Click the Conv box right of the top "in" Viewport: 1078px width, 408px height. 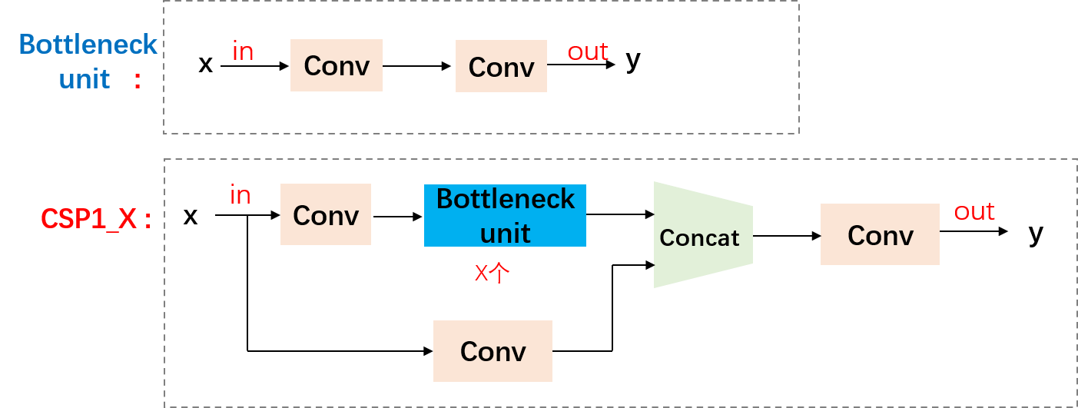336,66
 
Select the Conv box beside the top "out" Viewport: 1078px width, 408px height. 501,67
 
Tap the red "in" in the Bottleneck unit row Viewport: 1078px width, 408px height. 243,51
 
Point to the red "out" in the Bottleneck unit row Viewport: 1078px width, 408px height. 588,51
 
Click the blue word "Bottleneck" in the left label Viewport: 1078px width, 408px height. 88,45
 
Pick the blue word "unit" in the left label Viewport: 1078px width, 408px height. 85,79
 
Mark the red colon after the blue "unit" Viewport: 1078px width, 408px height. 138,81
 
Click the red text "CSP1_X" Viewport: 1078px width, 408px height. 88,220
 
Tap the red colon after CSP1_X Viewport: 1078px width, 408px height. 147,221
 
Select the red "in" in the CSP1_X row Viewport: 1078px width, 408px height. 240,195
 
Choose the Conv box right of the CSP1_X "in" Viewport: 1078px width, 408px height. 326,215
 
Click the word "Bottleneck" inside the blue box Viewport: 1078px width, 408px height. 506,199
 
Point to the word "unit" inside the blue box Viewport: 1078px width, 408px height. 506,232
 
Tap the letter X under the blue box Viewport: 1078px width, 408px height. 481,273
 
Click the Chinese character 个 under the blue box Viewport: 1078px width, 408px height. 499,273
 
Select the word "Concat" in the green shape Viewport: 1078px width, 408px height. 699,238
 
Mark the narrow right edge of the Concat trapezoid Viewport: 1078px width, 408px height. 751,236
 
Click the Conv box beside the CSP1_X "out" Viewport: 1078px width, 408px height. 880,235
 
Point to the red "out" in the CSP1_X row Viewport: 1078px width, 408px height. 974,211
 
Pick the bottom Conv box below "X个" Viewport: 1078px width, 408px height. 493,351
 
